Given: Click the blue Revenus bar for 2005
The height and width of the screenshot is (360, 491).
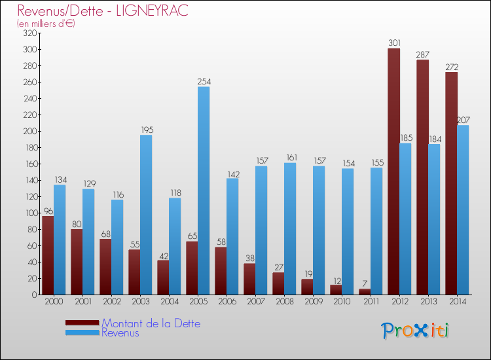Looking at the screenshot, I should tap(204, 190).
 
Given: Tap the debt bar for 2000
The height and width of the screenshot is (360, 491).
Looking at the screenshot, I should tap(48, 255).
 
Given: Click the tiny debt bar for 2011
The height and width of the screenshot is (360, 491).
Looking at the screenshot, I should tap(365, 292).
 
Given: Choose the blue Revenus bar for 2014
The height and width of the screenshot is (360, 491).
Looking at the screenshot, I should tap(463, 209).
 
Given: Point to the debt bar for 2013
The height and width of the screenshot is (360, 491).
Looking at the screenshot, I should tap(422, 177).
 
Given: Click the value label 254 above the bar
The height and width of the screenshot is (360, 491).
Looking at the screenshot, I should tap(204, 82).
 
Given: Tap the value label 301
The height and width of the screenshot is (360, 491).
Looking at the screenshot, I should tap(393, 43).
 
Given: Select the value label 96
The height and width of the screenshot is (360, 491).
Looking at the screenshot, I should tap(47, 211).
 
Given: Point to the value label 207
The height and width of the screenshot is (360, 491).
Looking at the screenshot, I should tap(463, 120).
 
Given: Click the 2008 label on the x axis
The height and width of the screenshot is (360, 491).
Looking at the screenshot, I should tap(284, 302).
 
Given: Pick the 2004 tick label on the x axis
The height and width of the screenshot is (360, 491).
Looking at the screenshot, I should tap(169, 302).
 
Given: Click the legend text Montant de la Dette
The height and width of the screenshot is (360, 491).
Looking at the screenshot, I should tap(151, 323).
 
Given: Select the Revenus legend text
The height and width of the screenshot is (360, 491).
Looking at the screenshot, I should tap(120, 333).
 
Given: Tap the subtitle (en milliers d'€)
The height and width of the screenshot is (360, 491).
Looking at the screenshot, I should tap(46, 24).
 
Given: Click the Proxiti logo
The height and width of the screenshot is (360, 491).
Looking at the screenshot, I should tap(415, 331).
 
